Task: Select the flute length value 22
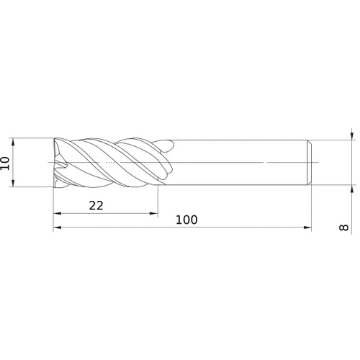point(96,205)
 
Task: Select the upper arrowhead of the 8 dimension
point(351,135)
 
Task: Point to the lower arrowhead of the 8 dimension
point(351,189)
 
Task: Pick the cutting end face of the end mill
point(58,163)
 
